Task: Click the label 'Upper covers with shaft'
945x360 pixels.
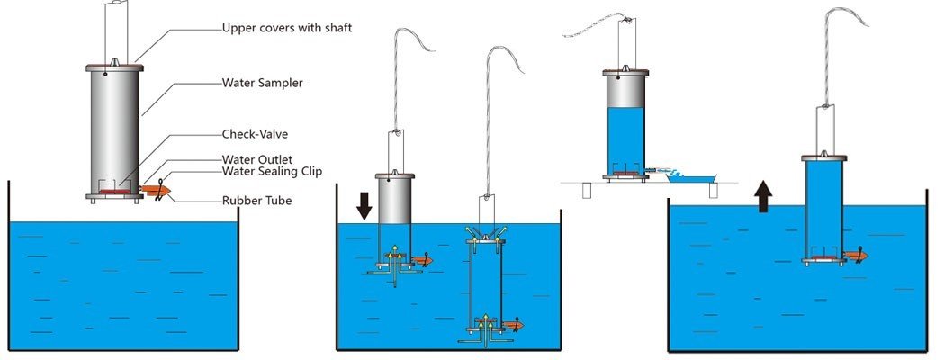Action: [286, 28]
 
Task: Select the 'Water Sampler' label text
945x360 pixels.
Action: [263, 83]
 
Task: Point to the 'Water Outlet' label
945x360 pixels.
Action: [256, 160]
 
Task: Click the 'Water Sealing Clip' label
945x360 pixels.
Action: [272, 171]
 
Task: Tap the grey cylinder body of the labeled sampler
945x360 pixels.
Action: [115, 126]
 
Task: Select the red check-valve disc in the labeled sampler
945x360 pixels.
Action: [113, 191]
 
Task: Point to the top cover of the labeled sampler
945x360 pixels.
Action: [115, 67]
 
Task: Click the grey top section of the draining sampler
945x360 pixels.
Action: [627, 91]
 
